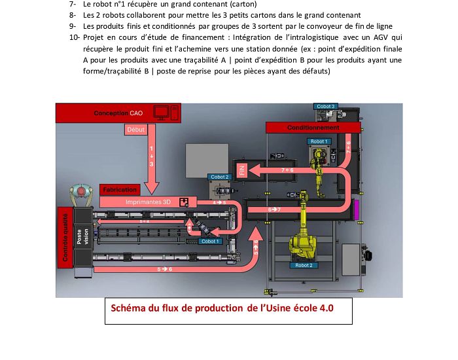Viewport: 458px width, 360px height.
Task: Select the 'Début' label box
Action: [x=137, y=130]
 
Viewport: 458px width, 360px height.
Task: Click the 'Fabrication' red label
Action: [x=120, y=190]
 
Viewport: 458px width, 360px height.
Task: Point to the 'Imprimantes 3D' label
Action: [x=148, y=202]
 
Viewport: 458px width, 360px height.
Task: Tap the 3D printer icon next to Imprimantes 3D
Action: [x=185, y=202]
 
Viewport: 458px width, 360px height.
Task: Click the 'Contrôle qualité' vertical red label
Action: [x=65, y=236]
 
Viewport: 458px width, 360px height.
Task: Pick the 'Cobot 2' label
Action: [x=219, y=177]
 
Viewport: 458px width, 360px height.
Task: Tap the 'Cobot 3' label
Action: [x=325, y=106]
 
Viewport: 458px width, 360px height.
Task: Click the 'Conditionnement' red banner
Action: [x=313, y=128]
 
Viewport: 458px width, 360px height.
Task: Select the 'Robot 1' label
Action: [x=319, y=141]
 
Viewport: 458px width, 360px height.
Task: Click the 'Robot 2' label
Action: [x=304, y=265]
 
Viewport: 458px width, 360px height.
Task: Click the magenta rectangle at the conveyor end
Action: [x=355, y=211]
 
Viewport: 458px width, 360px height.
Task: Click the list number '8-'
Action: [x=72, y=14]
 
